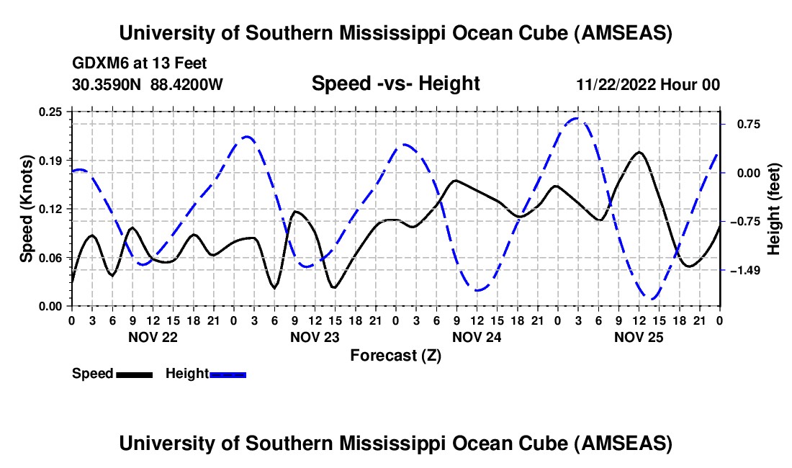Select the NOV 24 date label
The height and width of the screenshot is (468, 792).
point(476,337)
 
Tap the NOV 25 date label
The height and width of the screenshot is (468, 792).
point(638,337)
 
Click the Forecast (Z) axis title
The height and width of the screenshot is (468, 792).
point(395,355)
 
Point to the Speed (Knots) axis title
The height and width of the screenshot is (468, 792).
point(26,208)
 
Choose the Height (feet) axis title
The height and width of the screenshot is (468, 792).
point(773,208)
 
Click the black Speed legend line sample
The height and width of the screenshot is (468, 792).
point(133,374)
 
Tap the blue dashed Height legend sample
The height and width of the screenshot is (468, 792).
point(228,374)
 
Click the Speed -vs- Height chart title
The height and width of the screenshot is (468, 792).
point(395,84)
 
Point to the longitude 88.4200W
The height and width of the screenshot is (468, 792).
point(187,85)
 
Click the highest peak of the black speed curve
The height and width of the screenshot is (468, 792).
point(639,152)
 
